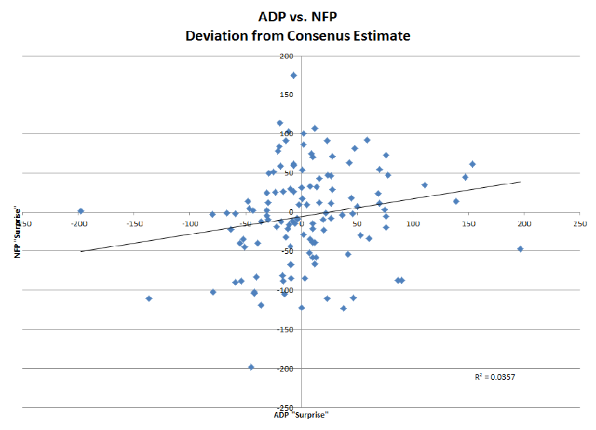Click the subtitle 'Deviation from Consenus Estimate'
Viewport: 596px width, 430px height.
[297, 36]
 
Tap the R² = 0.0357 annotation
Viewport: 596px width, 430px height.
[495, 377]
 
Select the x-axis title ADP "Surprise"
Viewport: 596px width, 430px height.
[301, 415]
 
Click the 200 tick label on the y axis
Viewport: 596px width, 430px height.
[286, 56]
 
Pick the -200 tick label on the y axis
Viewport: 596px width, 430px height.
[284, 368]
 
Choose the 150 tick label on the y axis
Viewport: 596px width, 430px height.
[286, 95]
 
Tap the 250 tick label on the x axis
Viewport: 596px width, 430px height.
[579, 224]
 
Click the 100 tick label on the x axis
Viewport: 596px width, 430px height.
[412, 224]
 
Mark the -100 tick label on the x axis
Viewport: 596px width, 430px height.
[189, 224]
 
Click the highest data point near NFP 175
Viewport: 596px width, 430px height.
[294, 76]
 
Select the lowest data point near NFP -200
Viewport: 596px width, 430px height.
[251, 367]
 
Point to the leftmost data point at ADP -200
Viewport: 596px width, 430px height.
[81, 211]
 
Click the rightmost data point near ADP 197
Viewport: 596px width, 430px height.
[520, 249]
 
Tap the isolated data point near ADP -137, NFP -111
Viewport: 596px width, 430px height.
[149, 299]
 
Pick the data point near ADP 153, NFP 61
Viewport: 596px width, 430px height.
[472, 164]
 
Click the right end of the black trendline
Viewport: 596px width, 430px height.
[521, 182]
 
